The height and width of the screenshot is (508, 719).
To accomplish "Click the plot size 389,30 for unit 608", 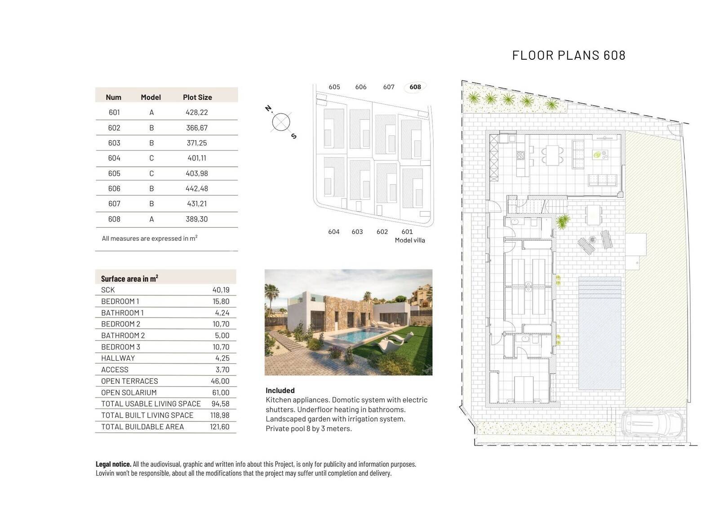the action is (x=196, y=219).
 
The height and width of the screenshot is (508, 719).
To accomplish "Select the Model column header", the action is (x=151, y=97).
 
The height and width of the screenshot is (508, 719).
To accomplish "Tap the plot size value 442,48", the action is (x=196, y=189).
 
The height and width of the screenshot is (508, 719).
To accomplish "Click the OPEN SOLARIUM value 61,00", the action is (x=221, y=393).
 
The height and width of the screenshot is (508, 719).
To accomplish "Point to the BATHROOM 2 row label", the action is (x=123, y=336).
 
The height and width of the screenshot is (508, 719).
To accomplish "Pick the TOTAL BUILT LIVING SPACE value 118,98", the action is (x=220, y=415).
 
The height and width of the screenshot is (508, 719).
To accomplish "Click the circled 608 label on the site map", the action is (x=415, y=87).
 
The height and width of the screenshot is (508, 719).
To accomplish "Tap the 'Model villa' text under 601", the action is (x=409, y=240).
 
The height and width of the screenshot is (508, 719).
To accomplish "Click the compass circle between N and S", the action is (x=281, y=122).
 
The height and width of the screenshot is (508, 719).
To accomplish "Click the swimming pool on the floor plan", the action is (x=599, y=333).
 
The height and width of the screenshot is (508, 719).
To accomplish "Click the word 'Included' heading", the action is (x=280, y=391).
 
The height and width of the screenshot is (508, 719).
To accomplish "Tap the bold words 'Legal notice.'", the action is (x=113, y=464).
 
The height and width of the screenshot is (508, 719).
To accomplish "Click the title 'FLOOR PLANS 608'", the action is (x=568, y=56).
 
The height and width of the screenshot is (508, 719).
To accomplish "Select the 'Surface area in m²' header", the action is (x=129, y=278).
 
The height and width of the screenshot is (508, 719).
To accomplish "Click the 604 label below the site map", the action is (x=333, y=232).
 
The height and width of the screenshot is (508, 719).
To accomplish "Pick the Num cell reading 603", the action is (x=114, y=143).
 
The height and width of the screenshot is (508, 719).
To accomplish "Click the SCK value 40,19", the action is (x=221, y=290).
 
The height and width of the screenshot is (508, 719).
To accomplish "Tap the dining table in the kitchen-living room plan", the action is (x=552, y=155).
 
